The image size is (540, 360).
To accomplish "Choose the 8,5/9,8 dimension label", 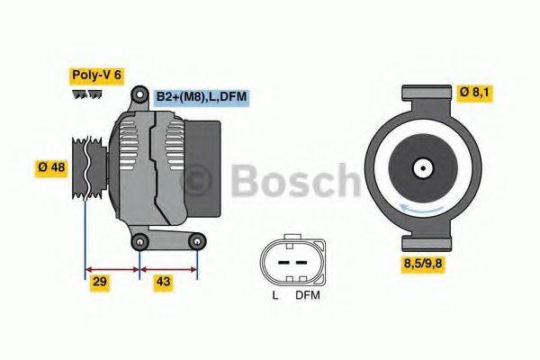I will pyautogui.click(x=427, y=264).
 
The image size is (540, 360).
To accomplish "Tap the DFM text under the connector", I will pyautogui.click(x=306, y=295).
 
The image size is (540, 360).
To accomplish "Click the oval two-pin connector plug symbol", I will pyautogui.click(x=290, y=259).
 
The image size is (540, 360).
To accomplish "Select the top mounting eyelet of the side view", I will pyautogui.click(x=139, y=94).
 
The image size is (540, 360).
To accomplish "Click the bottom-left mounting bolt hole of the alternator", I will pyautogui.click(x=139, y=241).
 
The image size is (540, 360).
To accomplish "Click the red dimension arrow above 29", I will pyautogui.click(x=112, y=267).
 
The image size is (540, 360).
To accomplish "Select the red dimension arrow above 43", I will pyautogui.click(x=168, y=267).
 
